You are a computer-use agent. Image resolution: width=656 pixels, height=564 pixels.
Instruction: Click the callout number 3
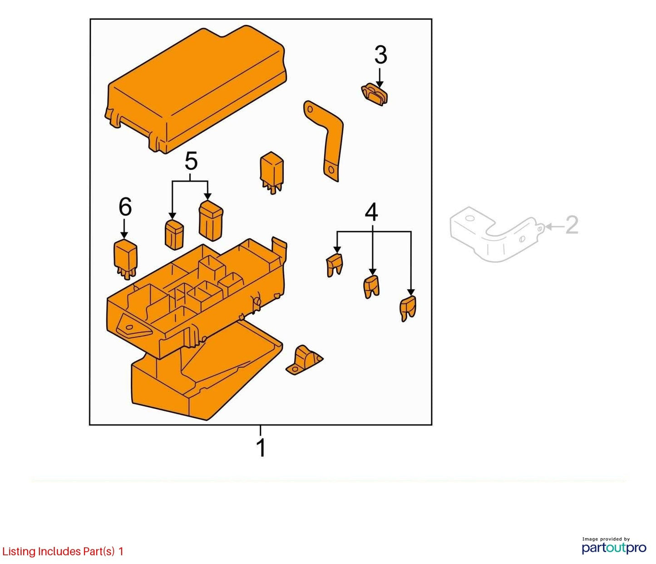coord(381,55)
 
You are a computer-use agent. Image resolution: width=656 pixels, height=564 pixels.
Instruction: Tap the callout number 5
coord(191,161)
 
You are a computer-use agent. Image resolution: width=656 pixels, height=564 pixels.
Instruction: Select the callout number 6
coord(125,207)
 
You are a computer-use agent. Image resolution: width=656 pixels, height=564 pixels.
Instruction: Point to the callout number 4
coord(371,212)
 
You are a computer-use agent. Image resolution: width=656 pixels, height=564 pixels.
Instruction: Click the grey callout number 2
coord(572,225)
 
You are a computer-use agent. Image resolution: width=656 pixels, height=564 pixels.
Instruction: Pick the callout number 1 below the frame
coord(261,448)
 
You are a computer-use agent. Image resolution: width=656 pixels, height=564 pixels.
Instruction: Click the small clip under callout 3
coord(375,95)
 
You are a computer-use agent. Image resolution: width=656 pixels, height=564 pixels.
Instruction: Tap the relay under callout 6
coord(125,260)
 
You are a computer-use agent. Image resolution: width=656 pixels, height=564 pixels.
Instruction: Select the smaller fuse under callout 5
coord(174,234)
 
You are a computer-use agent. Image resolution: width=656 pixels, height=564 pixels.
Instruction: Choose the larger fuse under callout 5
coord(211,221)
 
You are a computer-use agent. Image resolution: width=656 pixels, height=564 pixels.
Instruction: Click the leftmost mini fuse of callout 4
coord(335,265)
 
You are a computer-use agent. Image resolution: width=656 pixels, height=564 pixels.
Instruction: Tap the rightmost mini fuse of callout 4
coord(408,309)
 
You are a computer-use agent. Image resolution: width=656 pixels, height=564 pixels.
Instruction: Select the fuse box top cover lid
coord(196,89)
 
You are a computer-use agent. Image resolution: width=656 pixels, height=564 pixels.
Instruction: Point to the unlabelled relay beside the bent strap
coord(271,173)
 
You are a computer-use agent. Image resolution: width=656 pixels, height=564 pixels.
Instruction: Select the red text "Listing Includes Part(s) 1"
coord(63,551)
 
